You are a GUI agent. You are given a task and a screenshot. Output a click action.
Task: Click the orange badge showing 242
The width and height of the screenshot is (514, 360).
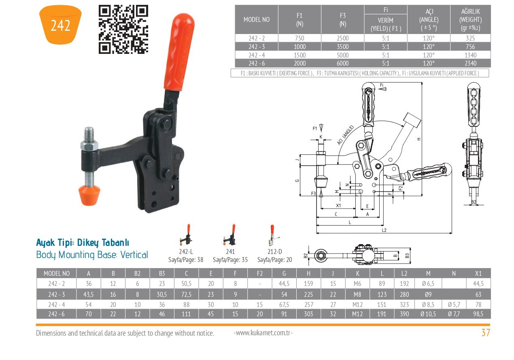click(x=60, y=25)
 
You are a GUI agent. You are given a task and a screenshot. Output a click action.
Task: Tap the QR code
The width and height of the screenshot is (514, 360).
click(x=123, y=30)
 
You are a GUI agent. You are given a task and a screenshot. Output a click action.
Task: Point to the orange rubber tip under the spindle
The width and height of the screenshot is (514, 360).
click(x=89, y=195)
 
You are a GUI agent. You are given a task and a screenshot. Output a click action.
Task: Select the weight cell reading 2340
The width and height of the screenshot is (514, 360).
click(x=470, y=63)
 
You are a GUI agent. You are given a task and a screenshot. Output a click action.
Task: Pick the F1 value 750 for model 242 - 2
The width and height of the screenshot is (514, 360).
click(x=299, y=38)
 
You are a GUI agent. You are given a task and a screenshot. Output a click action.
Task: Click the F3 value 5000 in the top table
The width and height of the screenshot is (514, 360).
click(x=342, y=55)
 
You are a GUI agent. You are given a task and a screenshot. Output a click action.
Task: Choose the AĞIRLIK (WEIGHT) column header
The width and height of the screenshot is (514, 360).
click(x=470, y=19)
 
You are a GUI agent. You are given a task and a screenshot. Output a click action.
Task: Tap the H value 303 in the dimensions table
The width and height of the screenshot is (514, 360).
click(x=308, y=313)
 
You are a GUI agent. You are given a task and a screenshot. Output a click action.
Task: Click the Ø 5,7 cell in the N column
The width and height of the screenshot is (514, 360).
click(x=454, y=305)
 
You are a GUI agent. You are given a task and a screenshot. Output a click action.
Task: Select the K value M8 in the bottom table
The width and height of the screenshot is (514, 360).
click(x=357, y=294)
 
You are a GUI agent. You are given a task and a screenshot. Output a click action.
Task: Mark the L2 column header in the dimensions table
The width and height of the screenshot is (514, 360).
click(x=404, y=273)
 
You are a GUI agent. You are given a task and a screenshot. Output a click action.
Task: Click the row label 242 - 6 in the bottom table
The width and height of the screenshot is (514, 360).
click(x=56, y=313)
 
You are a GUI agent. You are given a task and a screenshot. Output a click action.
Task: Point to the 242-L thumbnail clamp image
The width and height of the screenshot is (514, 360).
click(x=187, y=235)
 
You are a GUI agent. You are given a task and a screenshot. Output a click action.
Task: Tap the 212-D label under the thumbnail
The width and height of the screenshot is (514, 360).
click(x=275, y=251)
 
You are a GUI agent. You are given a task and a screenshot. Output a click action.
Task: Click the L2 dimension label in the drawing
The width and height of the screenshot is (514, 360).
click(x=384, y=230)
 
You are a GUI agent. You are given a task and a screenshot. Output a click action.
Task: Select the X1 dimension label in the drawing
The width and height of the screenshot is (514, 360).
click(x=338, y=205)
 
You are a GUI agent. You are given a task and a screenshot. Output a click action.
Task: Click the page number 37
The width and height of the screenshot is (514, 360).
click(x=486, y=332)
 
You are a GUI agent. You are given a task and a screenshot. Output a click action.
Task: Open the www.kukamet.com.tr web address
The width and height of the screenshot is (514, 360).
click(x=263, y=333)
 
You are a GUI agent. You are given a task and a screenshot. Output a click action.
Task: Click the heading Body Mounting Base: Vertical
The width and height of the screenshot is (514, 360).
click(x=92, y=255)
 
